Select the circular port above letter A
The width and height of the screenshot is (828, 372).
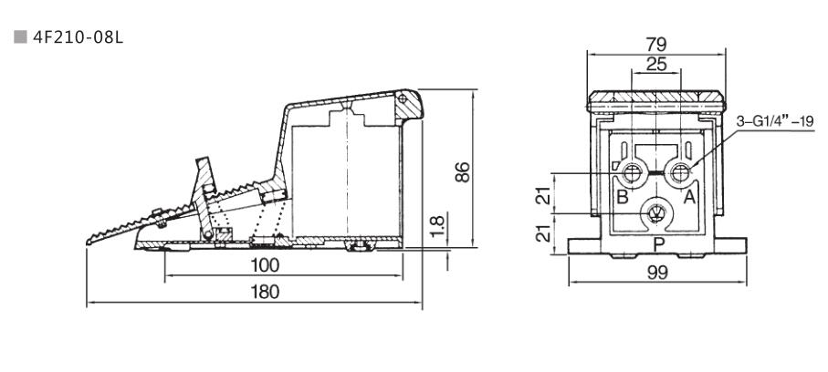point(680,170)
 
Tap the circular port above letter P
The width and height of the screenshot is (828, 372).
point(655,212)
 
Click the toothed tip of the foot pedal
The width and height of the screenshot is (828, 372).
point(94,239)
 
